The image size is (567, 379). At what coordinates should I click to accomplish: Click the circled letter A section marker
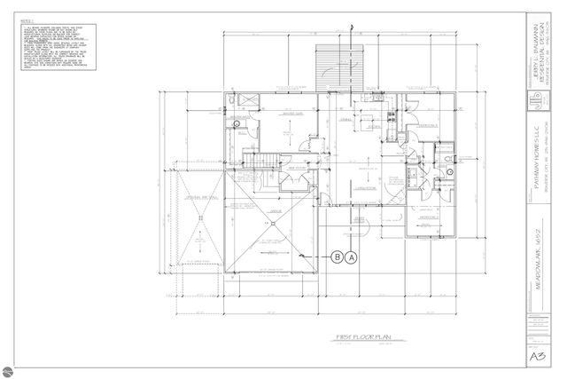(351, 257)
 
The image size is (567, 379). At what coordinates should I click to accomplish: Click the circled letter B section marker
(337, 257)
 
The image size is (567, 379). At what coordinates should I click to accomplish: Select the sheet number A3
(536, 357)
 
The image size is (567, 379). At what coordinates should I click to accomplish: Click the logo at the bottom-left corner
(10, 368)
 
